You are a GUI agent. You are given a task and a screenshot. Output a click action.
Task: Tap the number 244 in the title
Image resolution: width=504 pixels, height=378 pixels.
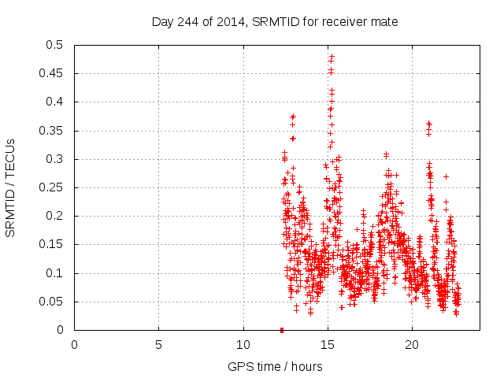click(188, 22)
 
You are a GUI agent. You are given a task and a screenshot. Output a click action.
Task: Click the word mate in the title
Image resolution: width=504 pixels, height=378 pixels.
click(384, 22)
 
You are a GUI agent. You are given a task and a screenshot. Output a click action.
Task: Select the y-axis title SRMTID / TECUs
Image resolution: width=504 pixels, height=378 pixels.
click(11, 187)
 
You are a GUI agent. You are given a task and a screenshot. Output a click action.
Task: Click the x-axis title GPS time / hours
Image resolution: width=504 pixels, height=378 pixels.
click(275, 366)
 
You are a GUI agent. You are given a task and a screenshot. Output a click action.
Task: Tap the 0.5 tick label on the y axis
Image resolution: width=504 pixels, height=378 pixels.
click(56, 45)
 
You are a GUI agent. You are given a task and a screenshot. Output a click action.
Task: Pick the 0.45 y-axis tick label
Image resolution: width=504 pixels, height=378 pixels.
click(53, 74)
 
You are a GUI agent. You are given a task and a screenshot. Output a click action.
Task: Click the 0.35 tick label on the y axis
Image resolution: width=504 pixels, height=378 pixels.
click(53, 131)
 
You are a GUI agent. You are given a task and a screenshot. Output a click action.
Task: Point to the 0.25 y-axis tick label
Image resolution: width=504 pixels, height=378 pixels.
click(53, 187)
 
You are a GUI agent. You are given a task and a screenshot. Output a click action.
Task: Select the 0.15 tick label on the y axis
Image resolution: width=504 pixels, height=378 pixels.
click(53, 245)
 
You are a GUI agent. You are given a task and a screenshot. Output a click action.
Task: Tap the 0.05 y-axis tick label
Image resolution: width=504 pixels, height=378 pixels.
click(53, 302)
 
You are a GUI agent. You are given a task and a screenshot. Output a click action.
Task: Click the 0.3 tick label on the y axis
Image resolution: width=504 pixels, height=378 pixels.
click(56, 159)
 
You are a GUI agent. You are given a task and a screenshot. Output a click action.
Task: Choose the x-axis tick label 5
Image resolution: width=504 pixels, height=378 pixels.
click(159, 345)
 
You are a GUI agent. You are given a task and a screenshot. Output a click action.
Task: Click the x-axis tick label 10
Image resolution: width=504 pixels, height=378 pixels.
click(243, 345)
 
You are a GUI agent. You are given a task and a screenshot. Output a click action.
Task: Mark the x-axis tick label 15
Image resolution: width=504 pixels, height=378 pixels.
click(328, 345)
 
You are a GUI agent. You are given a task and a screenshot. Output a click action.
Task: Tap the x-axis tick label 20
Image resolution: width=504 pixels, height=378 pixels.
click(412, 345)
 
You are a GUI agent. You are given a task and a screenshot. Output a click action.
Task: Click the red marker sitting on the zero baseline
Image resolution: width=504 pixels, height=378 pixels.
click(282, 330)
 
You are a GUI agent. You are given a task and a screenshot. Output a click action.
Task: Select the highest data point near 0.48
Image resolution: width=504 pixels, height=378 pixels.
click(332, 57)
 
